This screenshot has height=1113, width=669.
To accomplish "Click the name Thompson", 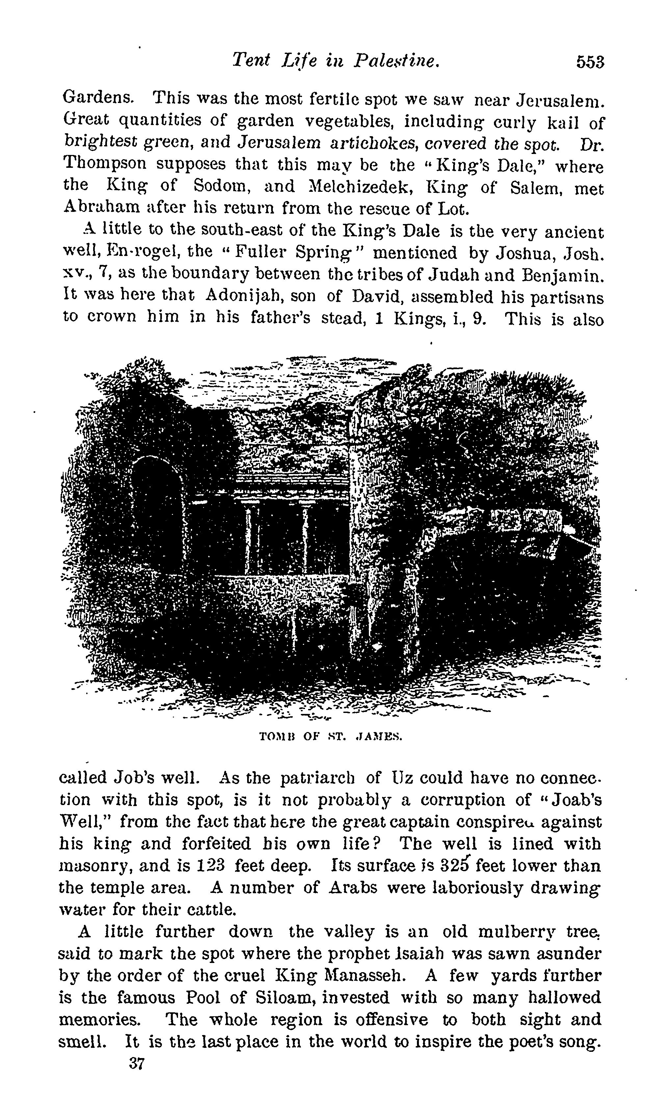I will pos(106,165).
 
